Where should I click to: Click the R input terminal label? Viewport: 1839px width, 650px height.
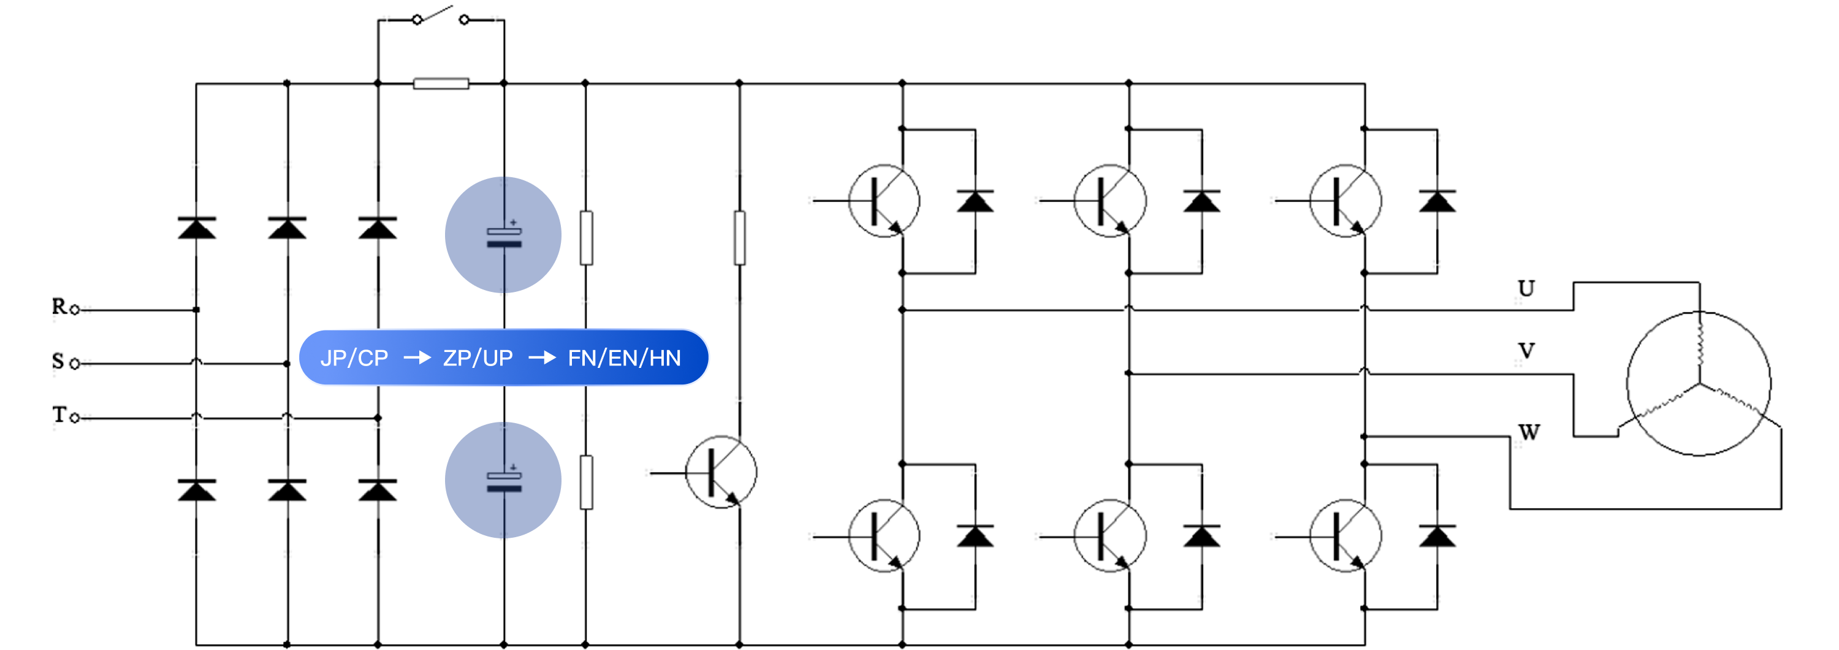click(58, 307)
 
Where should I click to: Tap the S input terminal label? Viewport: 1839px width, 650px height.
click(58, 361)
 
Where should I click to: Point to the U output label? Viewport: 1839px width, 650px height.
click(1526, 289)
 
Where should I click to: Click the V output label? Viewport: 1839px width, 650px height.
click(1526, 351)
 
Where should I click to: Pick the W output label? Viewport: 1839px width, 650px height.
click(1528, 432)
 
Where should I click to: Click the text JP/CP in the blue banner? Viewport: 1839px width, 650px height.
click(354, 358)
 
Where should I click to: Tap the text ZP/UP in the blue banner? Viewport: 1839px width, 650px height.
click(478, 358)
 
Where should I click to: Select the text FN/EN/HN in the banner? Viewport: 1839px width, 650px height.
click(624, 358)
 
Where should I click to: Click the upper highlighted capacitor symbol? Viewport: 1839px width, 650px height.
click(503, 235)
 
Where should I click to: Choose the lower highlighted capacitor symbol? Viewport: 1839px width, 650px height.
click(503, 480)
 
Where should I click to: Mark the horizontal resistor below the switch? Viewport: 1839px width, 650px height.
click(441, 83)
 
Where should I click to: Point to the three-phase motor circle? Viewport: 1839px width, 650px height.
click(1699, 384)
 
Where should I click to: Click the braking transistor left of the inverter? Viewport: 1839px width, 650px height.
click(721, 472)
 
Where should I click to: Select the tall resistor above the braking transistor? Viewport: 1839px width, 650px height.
click(740, 238)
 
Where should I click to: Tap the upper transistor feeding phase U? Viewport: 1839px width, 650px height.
click(884, 201)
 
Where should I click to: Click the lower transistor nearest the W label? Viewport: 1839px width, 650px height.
click(1345, 536)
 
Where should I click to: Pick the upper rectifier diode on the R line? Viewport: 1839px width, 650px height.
click(196, 228)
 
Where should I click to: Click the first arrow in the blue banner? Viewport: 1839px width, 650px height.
click(417, 358)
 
